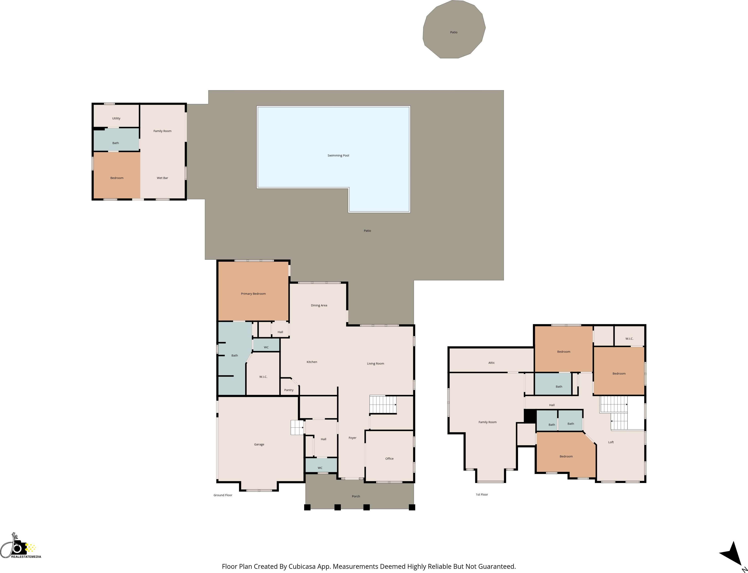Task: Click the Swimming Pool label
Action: [x=338, y=155]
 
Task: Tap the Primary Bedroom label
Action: [x=253, y=294]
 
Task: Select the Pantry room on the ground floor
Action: [x=289, y=390]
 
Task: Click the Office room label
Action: [x=389, y=459]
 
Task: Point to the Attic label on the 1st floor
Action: [x=491, y=363]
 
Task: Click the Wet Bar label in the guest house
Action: [x=162, y=178]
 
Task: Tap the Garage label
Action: [x=259, y=444]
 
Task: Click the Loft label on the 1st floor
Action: [x=611, y=442]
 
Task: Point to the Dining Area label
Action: [x=319, y=306]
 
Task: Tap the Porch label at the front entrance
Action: [x=356, y=497]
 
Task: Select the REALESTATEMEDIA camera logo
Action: [x=20, y=547]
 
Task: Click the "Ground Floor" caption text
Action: [x=223, y=495]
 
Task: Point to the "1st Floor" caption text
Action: [x=482, y=495]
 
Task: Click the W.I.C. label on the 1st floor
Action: [x=629, y=339]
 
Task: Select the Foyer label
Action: [x=353, y=438]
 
